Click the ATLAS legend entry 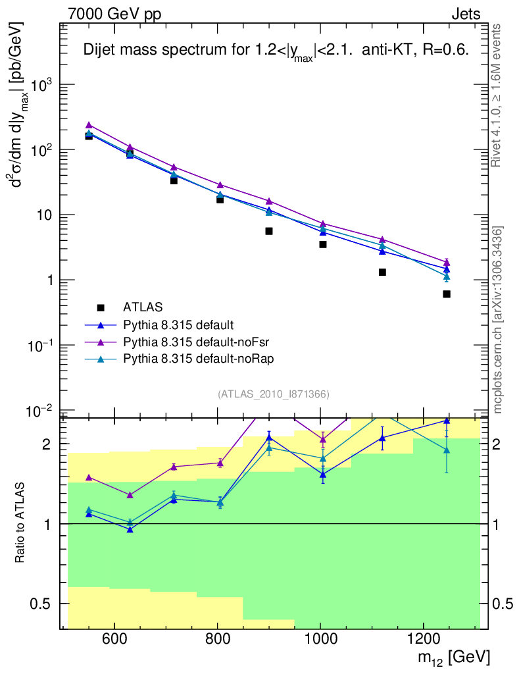[x=143, y=307]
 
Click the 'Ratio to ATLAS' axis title [x=20, y=523]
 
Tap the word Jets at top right [x=465, y=14]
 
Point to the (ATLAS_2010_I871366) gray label [x=274, y=394]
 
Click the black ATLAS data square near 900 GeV [x=269, y=231]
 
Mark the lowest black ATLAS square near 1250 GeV [x=447, y=294]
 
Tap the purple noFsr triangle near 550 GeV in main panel [x=89, y=125]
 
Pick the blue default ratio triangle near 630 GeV [x=130, y=529]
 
